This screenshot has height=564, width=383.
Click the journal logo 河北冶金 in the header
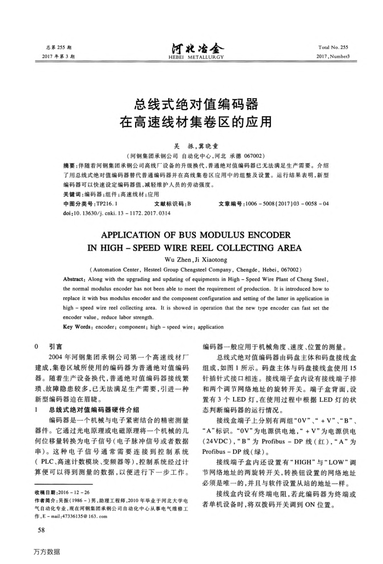(191, 50)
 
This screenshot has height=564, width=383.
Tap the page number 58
(40, 530)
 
